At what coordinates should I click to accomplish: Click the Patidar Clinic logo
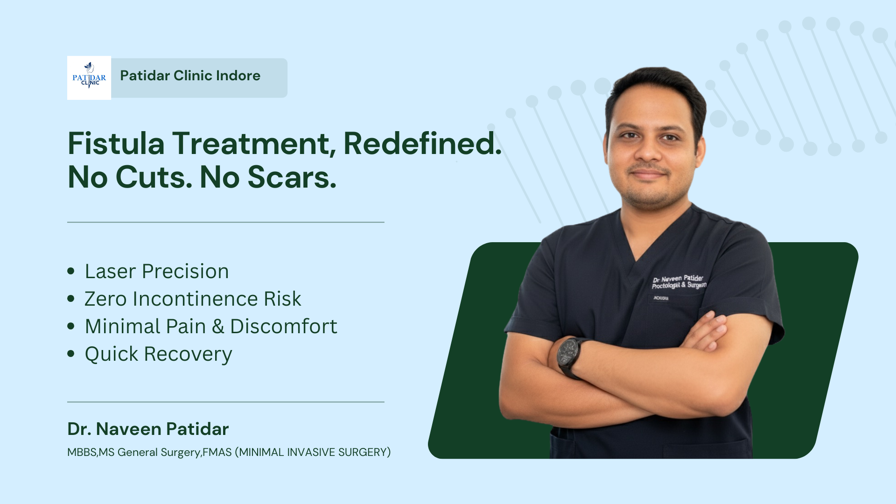89,78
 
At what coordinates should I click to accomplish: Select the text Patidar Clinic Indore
190,76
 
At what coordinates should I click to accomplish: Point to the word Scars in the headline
292,177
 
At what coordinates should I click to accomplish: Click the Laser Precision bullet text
157,271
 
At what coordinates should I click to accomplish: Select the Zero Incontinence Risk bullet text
193,299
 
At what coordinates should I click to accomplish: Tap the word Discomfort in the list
284,326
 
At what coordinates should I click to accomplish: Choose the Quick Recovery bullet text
158,354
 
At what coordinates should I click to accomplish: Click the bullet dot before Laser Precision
71,271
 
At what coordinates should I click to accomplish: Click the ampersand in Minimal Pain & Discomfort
218,327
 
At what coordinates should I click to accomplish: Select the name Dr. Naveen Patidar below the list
148,429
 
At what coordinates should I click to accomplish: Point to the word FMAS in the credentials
217,452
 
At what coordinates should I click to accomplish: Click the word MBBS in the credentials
82,452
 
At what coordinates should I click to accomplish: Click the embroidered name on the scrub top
679,281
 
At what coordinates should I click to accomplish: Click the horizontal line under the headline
226,222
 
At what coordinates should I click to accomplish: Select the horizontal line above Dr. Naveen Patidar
226,402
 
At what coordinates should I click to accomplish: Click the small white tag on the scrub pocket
661,298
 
